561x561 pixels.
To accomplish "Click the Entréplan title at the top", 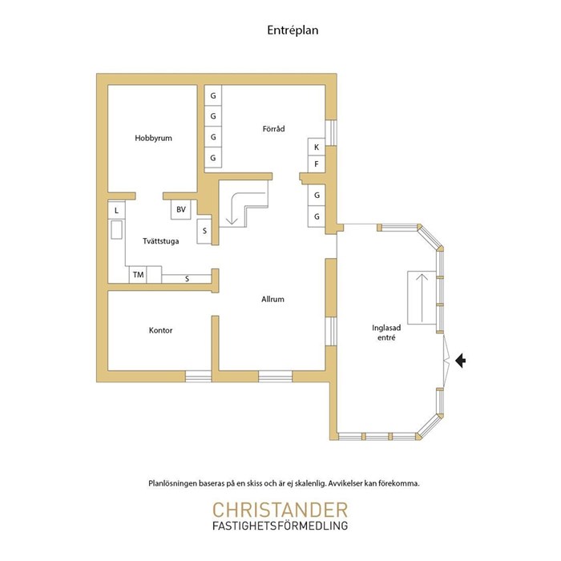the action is (x=293, y=30).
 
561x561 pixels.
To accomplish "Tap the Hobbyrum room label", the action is (x=153, y=138).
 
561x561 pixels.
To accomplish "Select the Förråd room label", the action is (x=274, y=128).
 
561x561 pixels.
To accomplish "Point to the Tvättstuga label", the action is (x=160, y=241).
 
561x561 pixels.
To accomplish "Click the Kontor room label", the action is (x=160, y=330).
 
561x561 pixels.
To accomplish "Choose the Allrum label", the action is (x=272, y=299).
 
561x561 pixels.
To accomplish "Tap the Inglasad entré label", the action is (x=386, y=333).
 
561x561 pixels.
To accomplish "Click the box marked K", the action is (x=317, y=147).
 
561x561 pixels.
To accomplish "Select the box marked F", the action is (x=317, y=164).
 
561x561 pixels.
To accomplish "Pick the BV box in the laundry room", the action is (x=181, y=209).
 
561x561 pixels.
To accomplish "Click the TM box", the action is (x=138, y=275).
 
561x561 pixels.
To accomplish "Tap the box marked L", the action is (x=117, y=210).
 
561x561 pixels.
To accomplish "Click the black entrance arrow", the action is (x=461, y=361).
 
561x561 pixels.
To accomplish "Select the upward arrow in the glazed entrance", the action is (x=422, y=297).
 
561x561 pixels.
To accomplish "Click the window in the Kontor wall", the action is (x=198, y=377).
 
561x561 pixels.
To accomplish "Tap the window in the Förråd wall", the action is (x=331, y=132).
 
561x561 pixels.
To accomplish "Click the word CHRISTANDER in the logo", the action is (x=280, y=510).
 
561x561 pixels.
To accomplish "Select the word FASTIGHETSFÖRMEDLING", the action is (x=280, y=526).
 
